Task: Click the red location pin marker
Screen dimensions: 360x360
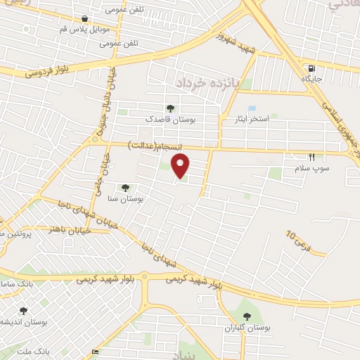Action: (181, 166)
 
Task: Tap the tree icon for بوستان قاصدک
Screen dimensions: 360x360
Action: (170, 108)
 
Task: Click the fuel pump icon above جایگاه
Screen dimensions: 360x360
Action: (310, 68)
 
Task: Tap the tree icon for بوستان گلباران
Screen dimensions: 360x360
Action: (246, 316)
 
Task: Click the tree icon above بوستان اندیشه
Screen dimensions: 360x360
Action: (23, 310)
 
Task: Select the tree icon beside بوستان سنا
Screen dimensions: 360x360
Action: (125, 188)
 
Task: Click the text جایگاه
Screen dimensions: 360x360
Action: (311, 80)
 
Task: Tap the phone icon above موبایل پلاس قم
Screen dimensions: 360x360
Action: (85, 18)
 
